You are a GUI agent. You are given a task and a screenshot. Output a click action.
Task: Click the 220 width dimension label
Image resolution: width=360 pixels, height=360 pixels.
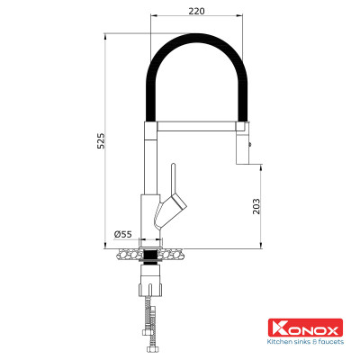(x=196, y=10)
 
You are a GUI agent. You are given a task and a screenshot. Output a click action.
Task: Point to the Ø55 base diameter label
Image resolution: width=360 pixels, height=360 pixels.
(x=123, y=234)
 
